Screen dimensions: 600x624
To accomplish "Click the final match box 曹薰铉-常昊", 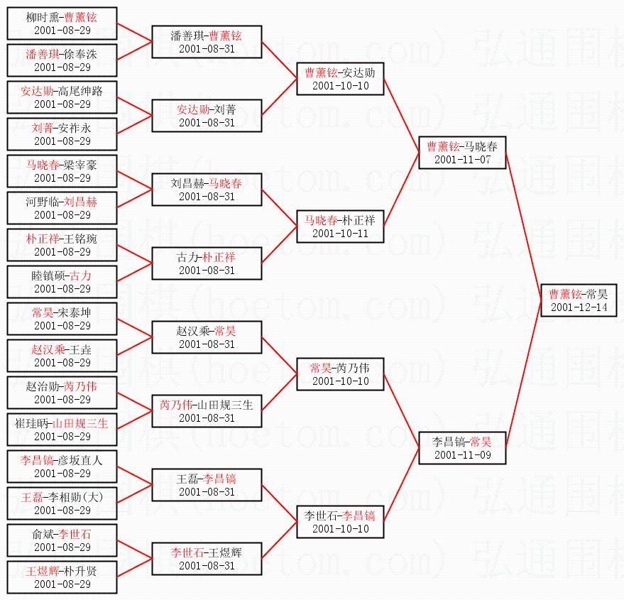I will (x=578, y=300).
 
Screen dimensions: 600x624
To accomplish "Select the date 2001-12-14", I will (x=579, y=307).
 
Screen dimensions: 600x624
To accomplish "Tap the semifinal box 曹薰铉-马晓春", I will (x=462, y=152).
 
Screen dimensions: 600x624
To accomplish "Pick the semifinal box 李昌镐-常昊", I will (x=462, y=447).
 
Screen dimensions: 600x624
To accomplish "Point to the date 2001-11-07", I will (x=462, y=160).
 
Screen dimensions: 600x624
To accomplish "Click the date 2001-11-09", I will (x=462, y=455).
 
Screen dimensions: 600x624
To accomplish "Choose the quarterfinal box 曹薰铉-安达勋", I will (x=340, y=78).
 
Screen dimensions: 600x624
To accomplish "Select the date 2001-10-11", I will (x=340, y=234).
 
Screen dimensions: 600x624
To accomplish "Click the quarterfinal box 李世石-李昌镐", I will (x=340, y=521).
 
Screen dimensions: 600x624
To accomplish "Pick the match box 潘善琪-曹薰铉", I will (x=207, y=41).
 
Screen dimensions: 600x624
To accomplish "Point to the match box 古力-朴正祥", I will (x=207, y=263).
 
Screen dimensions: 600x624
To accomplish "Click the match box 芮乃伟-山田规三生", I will (x=207, y=410).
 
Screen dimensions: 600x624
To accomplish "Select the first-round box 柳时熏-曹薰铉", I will (x=62, y=23).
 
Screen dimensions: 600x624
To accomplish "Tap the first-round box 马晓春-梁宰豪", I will (x=62, y=170).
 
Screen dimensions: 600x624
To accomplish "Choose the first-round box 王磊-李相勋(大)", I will (x=62, y=503).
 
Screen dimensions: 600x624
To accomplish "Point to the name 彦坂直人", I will (x=78, y=461).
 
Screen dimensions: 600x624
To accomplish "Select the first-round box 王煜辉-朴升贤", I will (x=62, y=577).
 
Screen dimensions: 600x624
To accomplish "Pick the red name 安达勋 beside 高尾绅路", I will (x=35, y=92).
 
